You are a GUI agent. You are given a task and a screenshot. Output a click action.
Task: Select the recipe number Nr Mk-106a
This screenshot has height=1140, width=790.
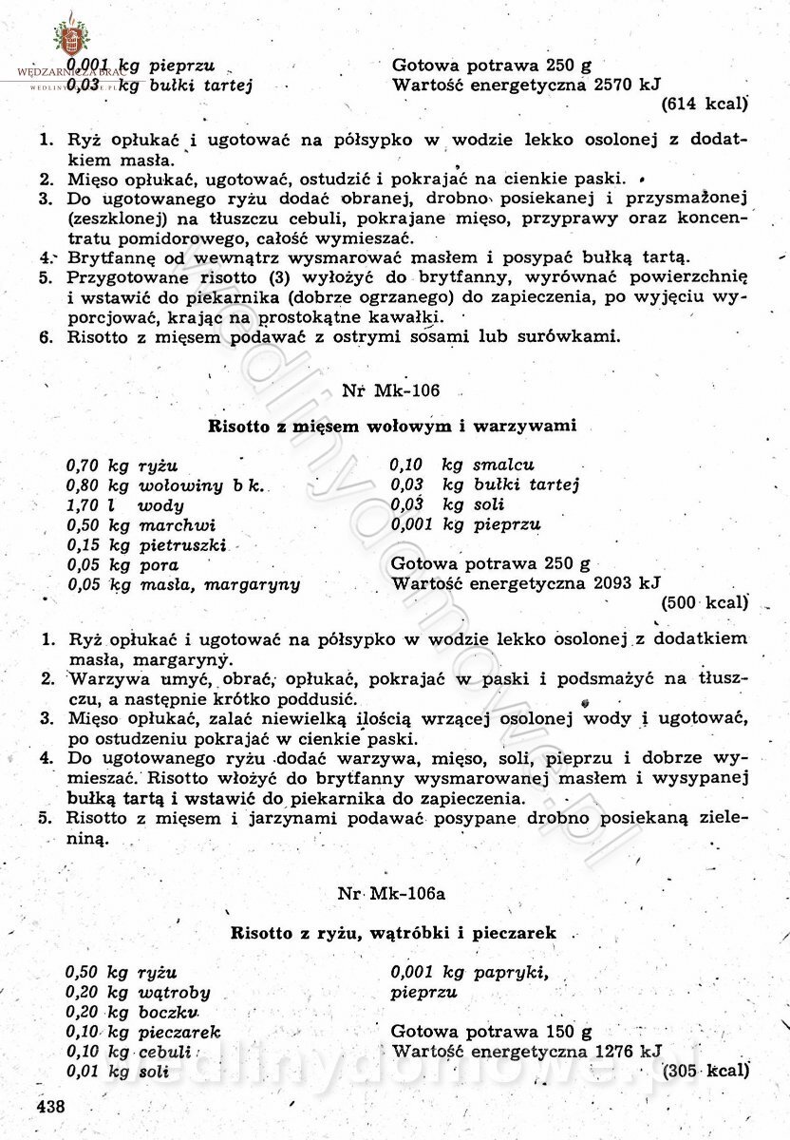[x=391, y=895]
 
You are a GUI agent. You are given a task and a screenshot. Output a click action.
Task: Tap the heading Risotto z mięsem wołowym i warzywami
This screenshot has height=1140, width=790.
[x=392, y=427]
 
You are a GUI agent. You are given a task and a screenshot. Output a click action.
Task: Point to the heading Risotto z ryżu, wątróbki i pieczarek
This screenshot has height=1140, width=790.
[x=393, y=933]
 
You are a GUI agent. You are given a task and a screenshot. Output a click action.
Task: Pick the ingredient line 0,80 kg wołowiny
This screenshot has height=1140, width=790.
[x=165, y=485]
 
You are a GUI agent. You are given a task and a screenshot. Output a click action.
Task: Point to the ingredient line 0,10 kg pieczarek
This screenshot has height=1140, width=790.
[x=142, y=1032]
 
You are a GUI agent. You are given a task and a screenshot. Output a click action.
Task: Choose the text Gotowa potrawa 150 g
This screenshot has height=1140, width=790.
[x=491, y=1032]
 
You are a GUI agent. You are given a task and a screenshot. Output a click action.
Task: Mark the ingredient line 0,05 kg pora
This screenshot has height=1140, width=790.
[x=122, y=565]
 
